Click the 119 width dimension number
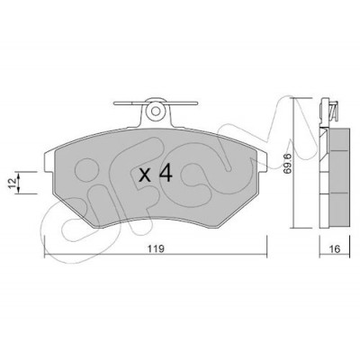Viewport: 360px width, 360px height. click(157, 249)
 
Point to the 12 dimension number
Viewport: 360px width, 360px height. click(13, 183)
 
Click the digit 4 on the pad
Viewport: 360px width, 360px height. click(166, 174)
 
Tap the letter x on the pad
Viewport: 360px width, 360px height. click(145, 175)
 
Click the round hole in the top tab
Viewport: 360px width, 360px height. click(156, 112)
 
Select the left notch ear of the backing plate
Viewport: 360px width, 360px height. click(49, 162)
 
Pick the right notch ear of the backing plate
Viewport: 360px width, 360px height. click(262, 162)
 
